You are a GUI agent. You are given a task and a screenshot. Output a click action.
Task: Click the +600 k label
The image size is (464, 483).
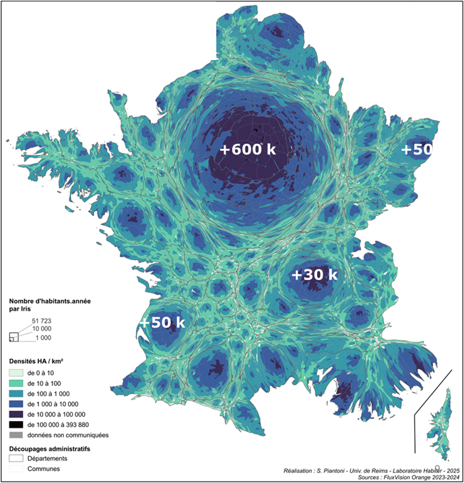248,150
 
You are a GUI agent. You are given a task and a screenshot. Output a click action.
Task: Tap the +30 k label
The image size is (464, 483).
314,275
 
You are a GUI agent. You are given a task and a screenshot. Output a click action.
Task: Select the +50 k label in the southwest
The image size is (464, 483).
162,323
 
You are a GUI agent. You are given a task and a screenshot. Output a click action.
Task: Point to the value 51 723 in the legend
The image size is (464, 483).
42,321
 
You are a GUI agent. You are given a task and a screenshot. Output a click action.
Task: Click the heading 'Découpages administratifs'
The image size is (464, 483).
50,447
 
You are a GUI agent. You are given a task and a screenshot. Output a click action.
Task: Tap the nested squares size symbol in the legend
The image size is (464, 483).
14,336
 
